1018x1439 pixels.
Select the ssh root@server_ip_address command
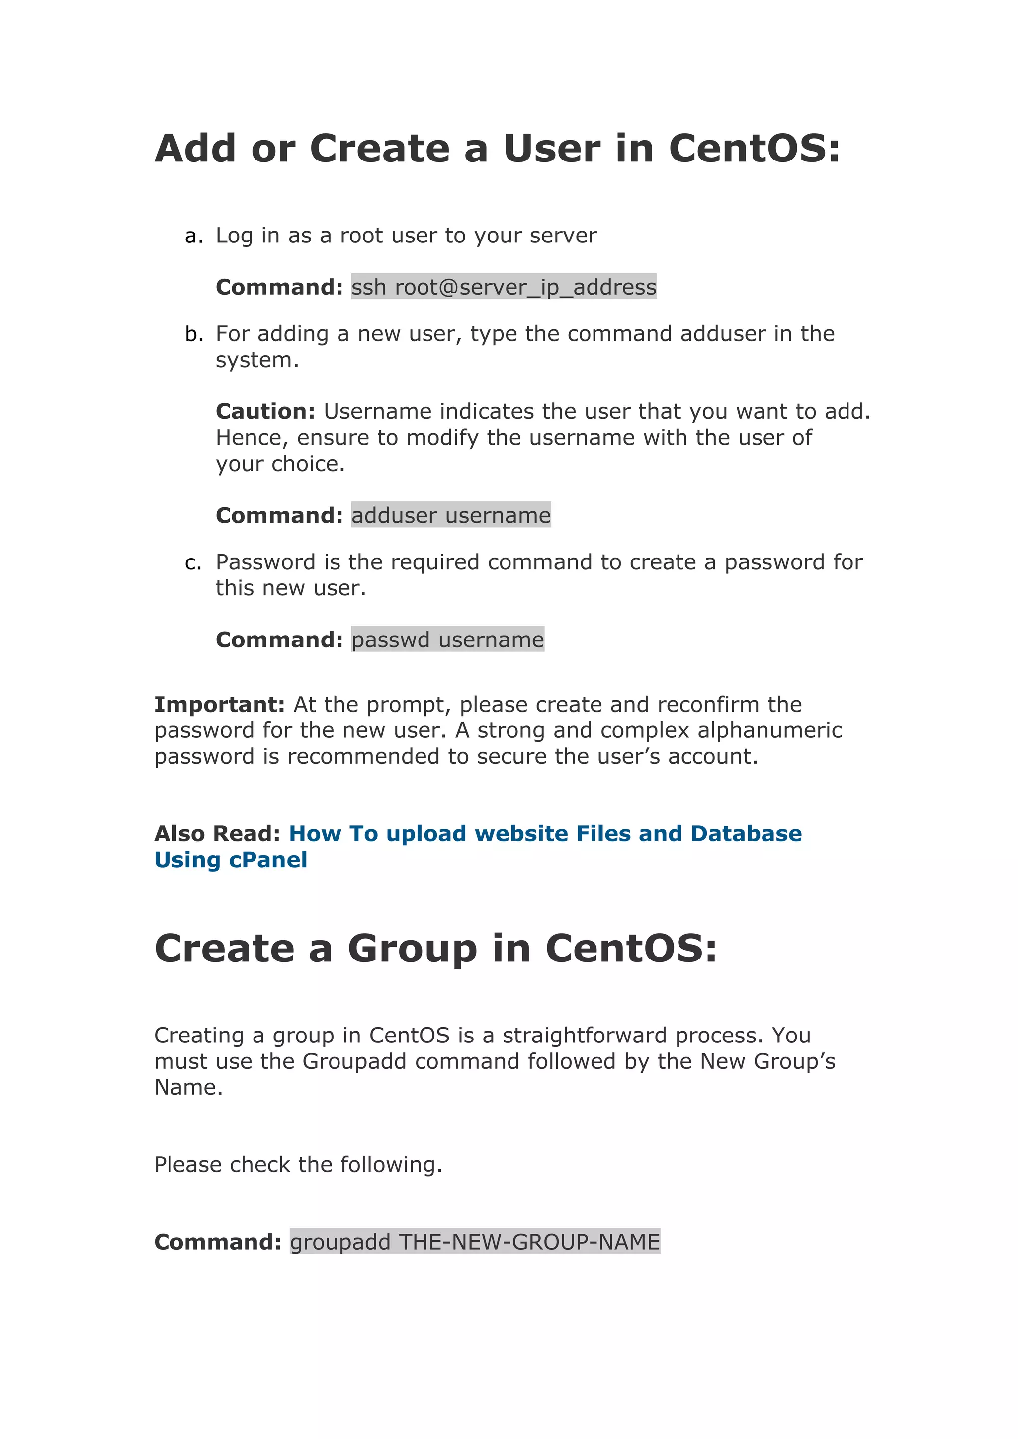(x=504, y=287)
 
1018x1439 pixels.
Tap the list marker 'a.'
(x=194, y=236)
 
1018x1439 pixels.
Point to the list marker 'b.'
(x=194, y=334)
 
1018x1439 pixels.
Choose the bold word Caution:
(x=265, y=412)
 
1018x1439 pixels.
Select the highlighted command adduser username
(x=451, y=515)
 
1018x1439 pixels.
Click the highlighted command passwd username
(x=447, y=640)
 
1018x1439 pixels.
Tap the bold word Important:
(x=219, y=705)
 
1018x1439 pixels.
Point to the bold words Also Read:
(x=217, y=834)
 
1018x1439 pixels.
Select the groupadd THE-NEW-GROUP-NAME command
(x=475, y=1242)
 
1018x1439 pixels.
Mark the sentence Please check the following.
(x=298, y=1165)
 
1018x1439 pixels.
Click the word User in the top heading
(x=552, y=149)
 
